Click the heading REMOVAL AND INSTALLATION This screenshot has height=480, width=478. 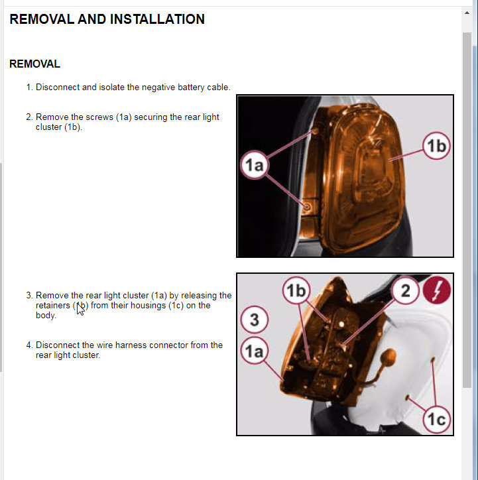coord(107,19)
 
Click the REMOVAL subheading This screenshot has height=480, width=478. coord(34,64)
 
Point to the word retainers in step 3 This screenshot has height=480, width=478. coord(53,306)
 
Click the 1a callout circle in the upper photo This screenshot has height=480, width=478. coord(255,165)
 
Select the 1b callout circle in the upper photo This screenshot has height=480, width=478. coord(436,146)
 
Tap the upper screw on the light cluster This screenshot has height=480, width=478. coord(315,131)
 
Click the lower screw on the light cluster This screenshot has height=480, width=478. coord(307,208)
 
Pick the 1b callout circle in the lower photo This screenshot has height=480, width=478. coord(296,290)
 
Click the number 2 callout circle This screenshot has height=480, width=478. coord(405,290)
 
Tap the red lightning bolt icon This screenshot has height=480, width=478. coord(437,290)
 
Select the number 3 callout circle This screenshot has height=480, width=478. coord(255,320)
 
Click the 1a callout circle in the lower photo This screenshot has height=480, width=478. coord(255,351)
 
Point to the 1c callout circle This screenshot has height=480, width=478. coord(437,419)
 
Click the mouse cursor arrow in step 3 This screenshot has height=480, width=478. coord(80,308)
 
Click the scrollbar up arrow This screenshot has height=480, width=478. coord(467,13)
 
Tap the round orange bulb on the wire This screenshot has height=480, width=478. coord(388,357)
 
